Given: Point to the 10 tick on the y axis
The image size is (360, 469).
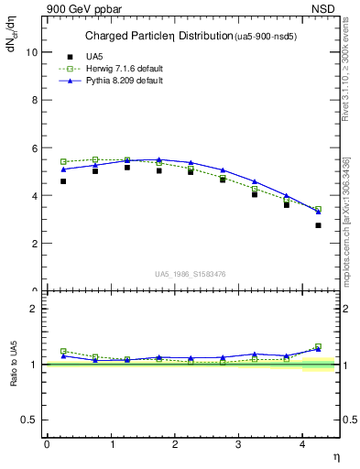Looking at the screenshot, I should [33, 52].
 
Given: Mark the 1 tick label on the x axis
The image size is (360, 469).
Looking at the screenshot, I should [112, 444].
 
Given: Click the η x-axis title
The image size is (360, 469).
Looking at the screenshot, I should [334, 455].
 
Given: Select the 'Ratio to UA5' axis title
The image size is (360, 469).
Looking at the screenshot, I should [14, 364].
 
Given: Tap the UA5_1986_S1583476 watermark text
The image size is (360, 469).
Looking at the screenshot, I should [191, 273].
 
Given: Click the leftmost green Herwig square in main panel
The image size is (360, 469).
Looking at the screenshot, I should [63, 161].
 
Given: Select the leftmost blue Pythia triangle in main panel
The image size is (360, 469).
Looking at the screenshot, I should [63, 169].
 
